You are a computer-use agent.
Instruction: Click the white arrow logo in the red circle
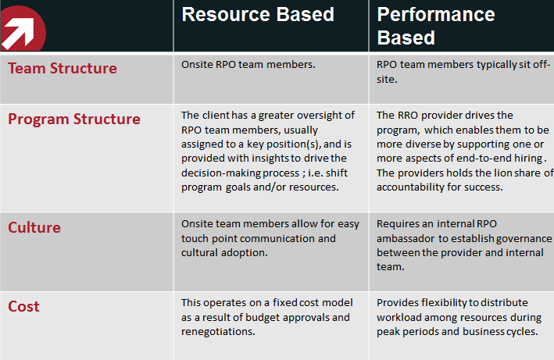(18, 34)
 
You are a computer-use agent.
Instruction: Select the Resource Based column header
(258, 15)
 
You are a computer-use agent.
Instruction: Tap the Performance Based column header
(436, 26)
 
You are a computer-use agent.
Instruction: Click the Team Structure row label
(63, 68)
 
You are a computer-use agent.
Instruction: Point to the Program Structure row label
(74, 119)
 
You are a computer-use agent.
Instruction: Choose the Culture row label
(34, 228)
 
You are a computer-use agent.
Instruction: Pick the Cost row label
(23, 306)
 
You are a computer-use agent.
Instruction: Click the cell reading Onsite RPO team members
(248, 65)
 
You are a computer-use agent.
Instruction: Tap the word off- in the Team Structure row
(541, 65)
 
